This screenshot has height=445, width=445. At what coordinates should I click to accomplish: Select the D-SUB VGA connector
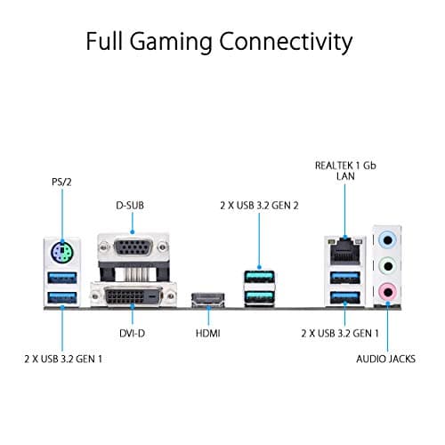click(134, 250)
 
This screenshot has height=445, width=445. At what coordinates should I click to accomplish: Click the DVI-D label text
click(132, 335)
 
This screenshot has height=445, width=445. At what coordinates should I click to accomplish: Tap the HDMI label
click(206, 335)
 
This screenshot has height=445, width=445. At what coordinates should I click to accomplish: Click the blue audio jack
click(387, 239)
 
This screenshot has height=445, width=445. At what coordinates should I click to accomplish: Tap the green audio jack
click(387, 264)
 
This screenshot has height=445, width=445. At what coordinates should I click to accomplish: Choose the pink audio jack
click(387, 289)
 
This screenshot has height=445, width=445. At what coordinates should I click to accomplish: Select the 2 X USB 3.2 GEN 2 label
click(259, 206)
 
